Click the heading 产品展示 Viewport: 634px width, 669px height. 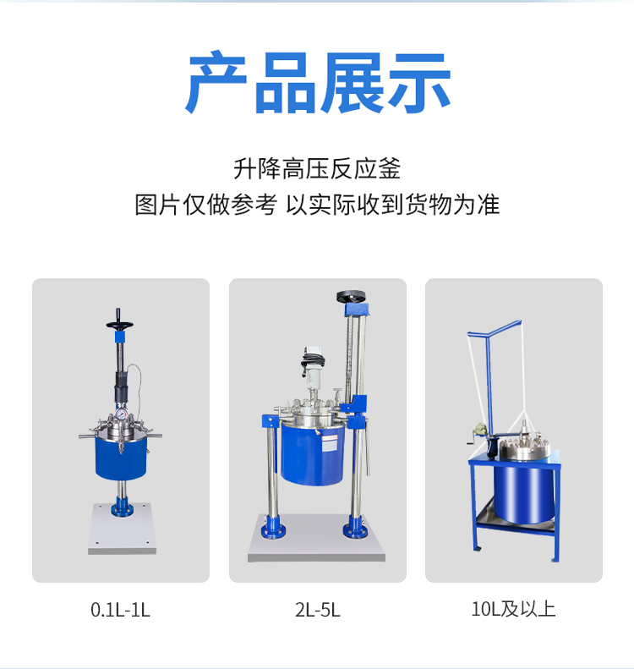coord(318,82)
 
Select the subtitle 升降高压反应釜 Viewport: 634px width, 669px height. coord(317,168)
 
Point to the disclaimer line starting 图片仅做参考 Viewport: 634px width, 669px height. coord(317,205)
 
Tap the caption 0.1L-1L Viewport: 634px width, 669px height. coord(120,610)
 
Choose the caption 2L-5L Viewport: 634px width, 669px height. coord(318,610)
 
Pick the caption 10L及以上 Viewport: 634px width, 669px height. coord(513,609)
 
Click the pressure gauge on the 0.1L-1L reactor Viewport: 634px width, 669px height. coord(122,414)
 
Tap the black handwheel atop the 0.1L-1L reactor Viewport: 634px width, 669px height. coord(119,325)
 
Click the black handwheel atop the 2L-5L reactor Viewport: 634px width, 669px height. coord(351,296)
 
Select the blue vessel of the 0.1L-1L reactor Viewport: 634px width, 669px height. coord(121,458)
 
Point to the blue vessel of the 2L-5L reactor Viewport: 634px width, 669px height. coord(313,453)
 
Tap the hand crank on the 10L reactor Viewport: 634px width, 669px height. coord(474,441)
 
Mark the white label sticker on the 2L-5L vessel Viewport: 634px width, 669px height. coord(329,444)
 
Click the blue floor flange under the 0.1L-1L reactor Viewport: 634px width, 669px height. coord(122,508)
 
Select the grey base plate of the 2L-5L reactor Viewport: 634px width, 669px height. coord(316,539)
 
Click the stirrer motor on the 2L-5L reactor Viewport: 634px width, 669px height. coord(313,366)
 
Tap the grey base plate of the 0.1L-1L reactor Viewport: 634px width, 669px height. coord(122,529)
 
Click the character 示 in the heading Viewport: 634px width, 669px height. coord(419,82)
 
